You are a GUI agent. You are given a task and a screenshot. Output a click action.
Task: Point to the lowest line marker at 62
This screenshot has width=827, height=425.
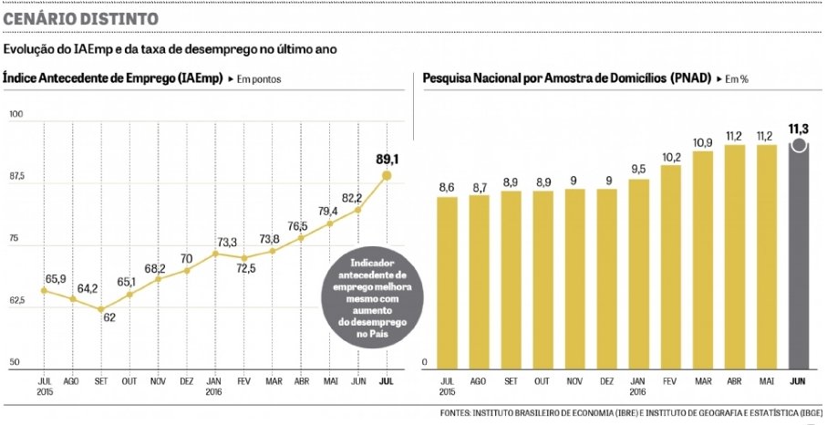(x=101, y=309)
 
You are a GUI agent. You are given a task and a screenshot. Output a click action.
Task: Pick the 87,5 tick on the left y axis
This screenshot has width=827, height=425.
(x=18, y=176)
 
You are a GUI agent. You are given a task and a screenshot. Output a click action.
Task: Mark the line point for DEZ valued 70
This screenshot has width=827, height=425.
(x=187, y=270)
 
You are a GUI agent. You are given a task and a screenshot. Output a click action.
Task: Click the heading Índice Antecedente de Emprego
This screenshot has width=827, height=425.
(x=111, y=79)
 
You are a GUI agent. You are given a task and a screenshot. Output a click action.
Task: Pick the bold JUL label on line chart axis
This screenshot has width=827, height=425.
(x=387, y=380)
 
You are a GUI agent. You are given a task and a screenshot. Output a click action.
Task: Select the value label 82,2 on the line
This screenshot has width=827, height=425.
(x=352, y=198)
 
